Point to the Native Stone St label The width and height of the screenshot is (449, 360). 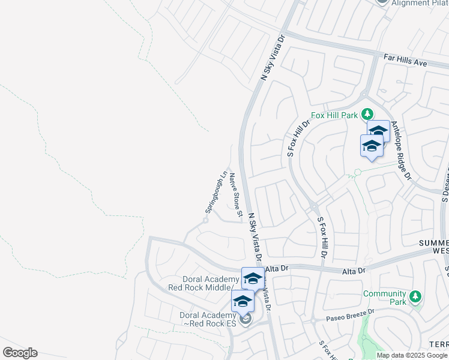pyautogui.click(x=236, y=194)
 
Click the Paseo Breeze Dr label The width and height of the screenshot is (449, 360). pyautogui.click(x=350, y=314)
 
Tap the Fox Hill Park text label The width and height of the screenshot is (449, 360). pyautogui.click(x=334, y=115)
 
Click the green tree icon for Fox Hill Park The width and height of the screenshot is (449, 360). pyautogui.click(x=366, y=114)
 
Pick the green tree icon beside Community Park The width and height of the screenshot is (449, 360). pyautogui.click(x=414, y=296)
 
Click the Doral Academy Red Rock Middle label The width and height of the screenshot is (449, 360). pyautogui.click(x=212, y=284)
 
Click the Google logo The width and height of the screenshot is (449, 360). pyautogui.click(x=20, y=353)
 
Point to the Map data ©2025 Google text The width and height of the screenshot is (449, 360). pyautogui.click(x=412, y=355)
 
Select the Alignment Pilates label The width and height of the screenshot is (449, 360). pyautogui.click(x=420, y=3)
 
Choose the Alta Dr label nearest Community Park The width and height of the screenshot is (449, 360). pyautogui.click(x=352, y=271)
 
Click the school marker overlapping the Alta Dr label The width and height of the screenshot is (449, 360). pyautogui.click(x=253, y=279)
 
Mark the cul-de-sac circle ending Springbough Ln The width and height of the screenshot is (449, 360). pyautogui.click(x=205, y=220)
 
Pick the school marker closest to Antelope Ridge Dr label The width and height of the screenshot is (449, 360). pyautogui.click(x=378, y=131)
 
